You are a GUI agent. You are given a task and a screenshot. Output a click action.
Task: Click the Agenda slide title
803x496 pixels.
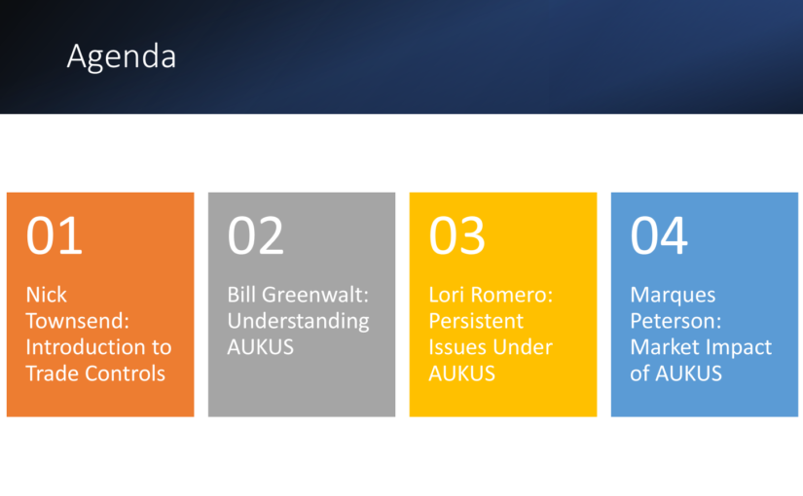click(x=122, y=56)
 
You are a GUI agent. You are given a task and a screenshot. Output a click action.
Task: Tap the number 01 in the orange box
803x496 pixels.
click(x=55, y=235)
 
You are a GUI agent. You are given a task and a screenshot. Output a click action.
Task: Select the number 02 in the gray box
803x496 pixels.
click(x=256, y=235)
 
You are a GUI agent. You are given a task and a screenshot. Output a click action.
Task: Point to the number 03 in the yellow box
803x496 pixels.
click(x=456, y=235)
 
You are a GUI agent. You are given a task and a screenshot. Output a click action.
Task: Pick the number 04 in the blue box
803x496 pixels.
click(x=659, y=235)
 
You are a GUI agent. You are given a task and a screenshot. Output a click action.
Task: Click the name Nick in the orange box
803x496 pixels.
click(x=46, y=295)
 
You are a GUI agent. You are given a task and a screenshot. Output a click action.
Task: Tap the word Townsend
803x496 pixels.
click(x=77, y=321)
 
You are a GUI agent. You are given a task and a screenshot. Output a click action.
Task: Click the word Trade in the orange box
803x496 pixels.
click(x=53, y=373)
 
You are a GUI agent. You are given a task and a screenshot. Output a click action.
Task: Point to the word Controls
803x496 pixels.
click(x=125, y=373)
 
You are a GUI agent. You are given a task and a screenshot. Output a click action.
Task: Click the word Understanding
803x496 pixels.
click(x=298, y=322)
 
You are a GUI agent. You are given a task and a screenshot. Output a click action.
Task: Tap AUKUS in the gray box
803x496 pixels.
click(x=261, y=347)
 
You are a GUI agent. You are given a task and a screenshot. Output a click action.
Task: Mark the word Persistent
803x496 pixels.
click(x=476, y=321)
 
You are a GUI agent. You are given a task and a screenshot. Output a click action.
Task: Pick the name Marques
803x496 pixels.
click(x=673, y=296)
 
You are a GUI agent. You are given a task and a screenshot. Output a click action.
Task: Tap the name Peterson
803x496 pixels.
click(x=675, y=321)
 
